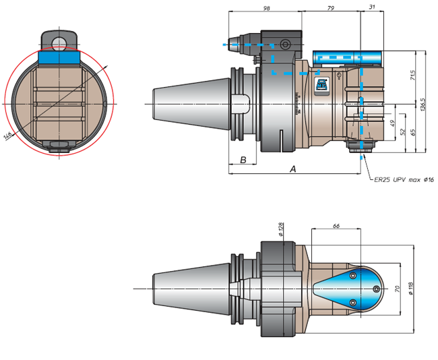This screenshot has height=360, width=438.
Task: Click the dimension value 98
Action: coord(267,8)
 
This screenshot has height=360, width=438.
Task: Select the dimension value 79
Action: coord(330,8)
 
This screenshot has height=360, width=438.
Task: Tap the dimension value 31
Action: coord(372,7)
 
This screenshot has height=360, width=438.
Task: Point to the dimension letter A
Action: coord(292,169)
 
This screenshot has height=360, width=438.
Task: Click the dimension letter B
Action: coord(243,160)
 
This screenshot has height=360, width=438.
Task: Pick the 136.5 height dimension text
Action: coord(423,104)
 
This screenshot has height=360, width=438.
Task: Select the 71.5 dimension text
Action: coord(413,76)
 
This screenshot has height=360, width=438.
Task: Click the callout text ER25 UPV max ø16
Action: coord(404,180)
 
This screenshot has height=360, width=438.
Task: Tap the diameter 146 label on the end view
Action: coord(7,136)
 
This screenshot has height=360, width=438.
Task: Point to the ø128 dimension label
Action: coord(281,229)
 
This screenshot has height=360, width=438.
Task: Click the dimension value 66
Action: coord(336,226)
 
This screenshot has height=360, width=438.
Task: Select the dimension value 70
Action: coord(397,289)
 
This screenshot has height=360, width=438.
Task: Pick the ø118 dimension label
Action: coord(410,289)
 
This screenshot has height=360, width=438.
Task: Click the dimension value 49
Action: coord(392,123)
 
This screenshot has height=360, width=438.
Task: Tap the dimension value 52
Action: coord(402,131)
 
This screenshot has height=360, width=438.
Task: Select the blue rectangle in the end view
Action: coord(59,57)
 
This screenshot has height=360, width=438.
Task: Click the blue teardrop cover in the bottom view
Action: coord(348,289)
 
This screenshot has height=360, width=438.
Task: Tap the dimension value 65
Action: coord(413,132)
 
